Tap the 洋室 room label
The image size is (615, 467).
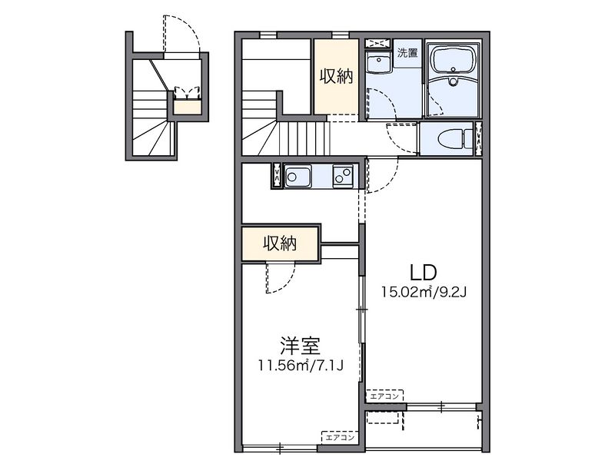pos(301,346)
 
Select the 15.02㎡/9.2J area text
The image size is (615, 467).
pos(424,292)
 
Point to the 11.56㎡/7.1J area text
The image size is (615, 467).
pos(301,366)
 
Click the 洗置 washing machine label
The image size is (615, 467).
pos(407,53)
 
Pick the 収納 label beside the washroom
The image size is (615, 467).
pos(336,76)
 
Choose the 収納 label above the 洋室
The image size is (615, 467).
pos(280,243)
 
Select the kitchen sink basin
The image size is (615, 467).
pos(298,176)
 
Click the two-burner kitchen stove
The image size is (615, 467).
pos(343,176)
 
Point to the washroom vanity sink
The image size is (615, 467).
pos(378,63)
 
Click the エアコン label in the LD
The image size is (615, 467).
pos(385,396)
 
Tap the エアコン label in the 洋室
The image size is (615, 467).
pos(340,437)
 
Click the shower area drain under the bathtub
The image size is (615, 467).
pos(454,82)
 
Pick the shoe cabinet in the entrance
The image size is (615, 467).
pos(188,108)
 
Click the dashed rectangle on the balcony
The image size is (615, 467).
pos(385,418)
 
